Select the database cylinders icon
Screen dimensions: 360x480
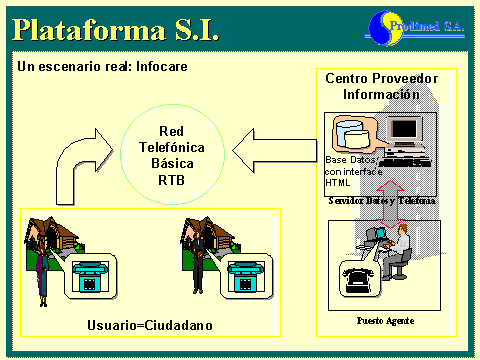coord(352,134)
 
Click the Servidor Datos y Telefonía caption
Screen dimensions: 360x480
coord(381,201)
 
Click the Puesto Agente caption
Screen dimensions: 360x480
coord(381,320)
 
